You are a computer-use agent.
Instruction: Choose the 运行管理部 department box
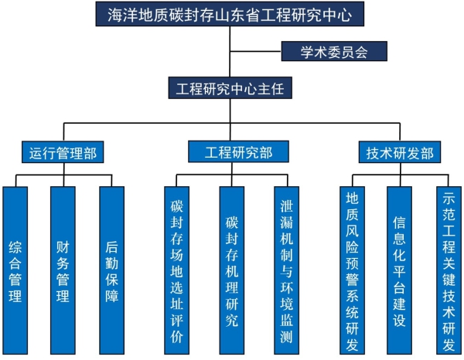tap(63, 152)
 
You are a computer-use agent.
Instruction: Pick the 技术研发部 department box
tap(399, 152)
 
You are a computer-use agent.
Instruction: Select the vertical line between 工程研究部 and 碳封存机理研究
tap(231, 175)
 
